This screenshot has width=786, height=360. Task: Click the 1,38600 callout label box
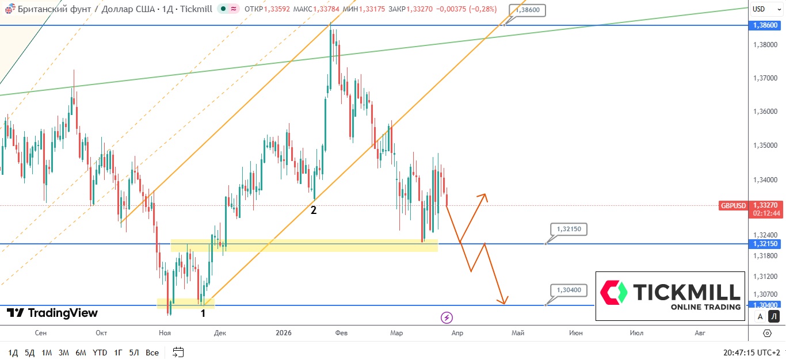(526, 10)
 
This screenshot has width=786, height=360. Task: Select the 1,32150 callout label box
(568, 229)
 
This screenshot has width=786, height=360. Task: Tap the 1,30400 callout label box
(568, 290)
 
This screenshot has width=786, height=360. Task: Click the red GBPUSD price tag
(732, 205)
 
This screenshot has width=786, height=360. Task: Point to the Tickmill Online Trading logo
(670, 296)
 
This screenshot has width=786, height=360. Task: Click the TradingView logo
(52, 313)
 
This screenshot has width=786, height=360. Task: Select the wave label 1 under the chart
(203, 313)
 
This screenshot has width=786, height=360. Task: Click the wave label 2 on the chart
(314, 210)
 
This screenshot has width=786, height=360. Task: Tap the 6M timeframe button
(81, 353)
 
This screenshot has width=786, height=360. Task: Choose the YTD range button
(100, 353)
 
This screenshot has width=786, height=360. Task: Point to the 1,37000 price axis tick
(765, 78)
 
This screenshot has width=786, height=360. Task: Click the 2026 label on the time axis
(284, 333)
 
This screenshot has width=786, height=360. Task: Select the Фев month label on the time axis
(341, 333)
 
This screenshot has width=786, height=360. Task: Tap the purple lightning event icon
(447, 317)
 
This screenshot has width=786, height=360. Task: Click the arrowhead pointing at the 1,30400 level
(503, 301)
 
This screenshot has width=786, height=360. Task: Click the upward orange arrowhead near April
(484, 197)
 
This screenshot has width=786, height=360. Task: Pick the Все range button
(152, 353)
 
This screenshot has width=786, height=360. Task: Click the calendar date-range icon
(178, 353)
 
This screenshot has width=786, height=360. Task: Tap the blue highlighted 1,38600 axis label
(765, 25)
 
